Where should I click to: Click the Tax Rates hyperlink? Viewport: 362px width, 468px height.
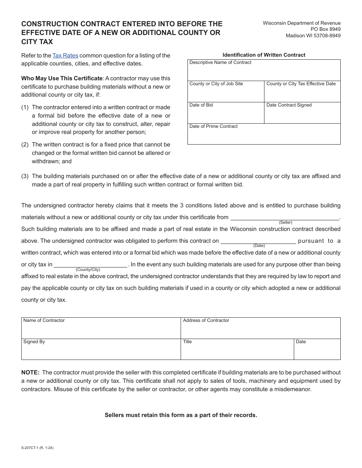point(65,56)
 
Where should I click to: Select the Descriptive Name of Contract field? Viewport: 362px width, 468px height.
point(264,72)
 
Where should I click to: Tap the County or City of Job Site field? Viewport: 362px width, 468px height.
point(226,94)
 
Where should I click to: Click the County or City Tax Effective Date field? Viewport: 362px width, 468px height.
point(302,94)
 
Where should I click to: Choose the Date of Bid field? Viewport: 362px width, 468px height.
point(226,115)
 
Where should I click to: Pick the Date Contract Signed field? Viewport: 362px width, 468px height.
point(302,115)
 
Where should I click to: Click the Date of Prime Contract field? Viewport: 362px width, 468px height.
point(264,136)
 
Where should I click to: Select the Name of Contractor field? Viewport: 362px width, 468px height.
point(101,330)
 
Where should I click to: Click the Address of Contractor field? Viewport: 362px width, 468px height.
point(260,330)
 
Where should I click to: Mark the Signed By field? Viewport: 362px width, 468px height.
point(101,352)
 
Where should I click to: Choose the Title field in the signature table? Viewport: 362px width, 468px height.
point(237,352)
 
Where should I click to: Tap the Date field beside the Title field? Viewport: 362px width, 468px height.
point(317,352)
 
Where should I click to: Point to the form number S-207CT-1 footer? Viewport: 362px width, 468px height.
point(37,448)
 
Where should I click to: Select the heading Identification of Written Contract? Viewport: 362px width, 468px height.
point(264,55)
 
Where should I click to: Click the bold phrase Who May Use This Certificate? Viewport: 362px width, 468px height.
point(62,78)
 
